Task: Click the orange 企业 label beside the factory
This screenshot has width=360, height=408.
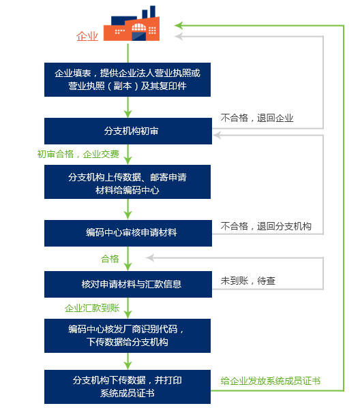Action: tap(87, 36)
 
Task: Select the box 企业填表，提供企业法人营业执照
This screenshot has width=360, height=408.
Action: tap(127, 80)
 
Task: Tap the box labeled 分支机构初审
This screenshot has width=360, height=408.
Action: tap(128, 131)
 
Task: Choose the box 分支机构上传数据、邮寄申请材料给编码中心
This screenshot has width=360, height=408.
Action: tap(127, 182)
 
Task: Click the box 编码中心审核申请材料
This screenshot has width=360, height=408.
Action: tap(128, 233)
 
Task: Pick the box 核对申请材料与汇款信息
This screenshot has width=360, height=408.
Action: tap(128, 284)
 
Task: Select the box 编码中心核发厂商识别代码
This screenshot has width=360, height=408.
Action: tap(127, 336)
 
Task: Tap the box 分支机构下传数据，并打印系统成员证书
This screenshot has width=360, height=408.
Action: tap(127, 387)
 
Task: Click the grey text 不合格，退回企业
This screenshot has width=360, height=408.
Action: tap(257, 118)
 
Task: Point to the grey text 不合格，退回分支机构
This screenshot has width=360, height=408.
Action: tap(266, 226)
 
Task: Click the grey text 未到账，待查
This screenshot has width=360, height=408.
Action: tap(248, 281)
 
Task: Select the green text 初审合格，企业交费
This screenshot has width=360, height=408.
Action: tap(78, 154)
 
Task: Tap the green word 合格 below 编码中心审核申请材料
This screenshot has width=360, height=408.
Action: tap(110, 259)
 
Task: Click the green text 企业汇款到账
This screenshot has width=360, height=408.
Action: tap(92, 308)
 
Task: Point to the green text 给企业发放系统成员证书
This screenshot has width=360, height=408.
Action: tap(271, 381)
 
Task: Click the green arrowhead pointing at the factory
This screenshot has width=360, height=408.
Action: tap(179, 25)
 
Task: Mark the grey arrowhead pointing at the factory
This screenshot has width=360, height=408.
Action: tap(179, 36)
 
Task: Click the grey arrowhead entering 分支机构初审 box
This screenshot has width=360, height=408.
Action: tap(217, 135)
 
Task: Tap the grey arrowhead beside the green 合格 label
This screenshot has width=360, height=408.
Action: tap(150, 257)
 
